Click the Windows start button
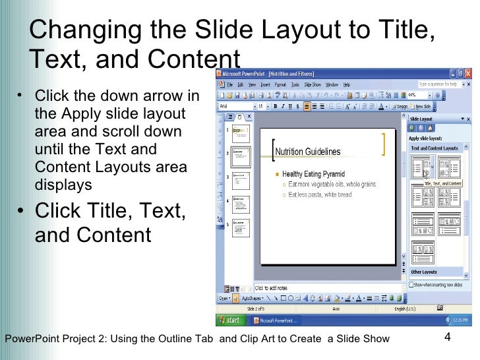[230, 320]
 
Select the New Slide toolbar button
[423, 106]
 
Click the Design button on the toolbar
[402, 106]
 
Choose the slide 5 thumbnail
[241, 227]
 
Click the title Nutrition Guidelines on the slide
[307, 152]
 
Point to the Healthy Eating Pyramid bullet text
[313, 174]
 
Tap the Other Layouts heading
[424, 272]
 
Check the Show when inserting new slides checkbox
[411, 285]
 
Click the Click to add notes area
[270, 288]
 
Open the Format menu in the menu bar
[280, 85]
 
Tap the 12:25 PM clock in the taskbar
[459, 320]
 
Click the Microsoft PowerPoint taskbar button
[276, 320]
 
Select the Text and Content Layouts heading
[435, 148]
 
